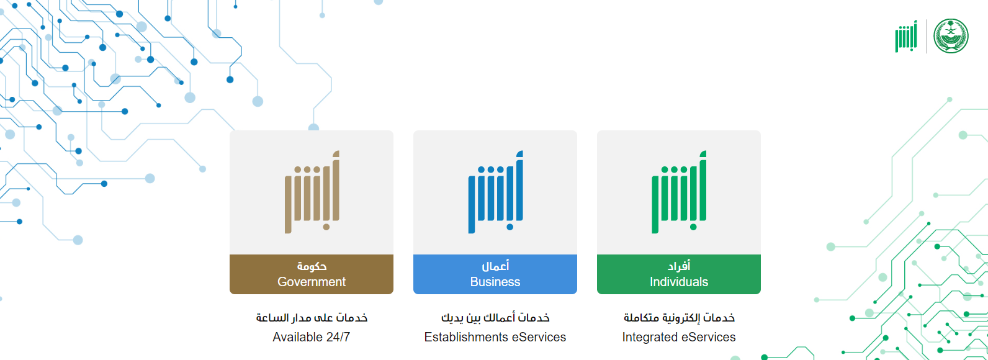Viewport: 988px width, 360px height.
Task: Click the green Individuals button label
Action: click(678, 274)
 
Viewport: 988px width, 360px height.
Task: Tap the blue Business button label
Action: click(495, 274)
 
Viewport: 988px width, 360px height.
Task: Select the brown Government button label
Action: click(312, 274)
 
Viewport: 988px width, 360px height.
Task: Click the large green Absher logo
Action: click(679, 192)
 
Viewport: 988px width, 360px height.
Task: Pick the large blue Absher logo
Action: click(495, 192)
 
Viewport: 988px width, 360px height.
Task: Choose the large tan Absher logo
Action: click(312, 192)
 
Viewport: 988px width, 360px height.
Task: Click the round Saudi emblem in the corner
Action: click(951, 36)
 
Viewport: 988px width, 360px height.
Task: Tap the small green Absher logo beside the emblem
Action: click(906, 36)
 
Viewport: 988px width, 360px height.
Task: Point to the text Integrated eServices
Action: click(679, 337)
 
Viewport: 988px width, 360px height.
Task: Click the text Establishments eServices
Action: click(495, 337)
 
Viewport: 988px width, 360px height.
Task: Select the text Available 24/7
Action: click(312, 337)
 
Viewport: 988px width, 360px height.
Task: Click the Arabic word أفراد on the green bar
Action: click(679, 266)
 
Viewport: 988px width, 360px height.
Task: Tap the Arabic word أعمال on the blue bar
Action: click(495, 266)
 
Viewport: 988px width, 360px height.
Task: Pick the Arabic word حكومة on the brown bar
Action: click(312, 266)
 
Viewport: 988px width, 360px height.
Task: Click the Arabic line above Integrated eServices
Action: click(679, 318)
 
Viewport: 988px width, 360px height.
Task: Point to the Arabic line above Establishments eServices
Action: click(495, 318)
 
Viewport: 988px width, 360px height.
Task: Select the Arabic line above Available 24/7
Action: click(312, 318)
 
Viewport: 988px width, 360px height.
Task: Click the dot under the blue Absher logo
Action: click(510, 227)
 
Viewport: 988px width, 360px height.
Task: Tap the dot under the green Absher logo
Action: click(693, 227)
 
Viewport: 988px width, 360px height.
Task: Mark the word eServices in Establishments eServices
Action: click(539, 337)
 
